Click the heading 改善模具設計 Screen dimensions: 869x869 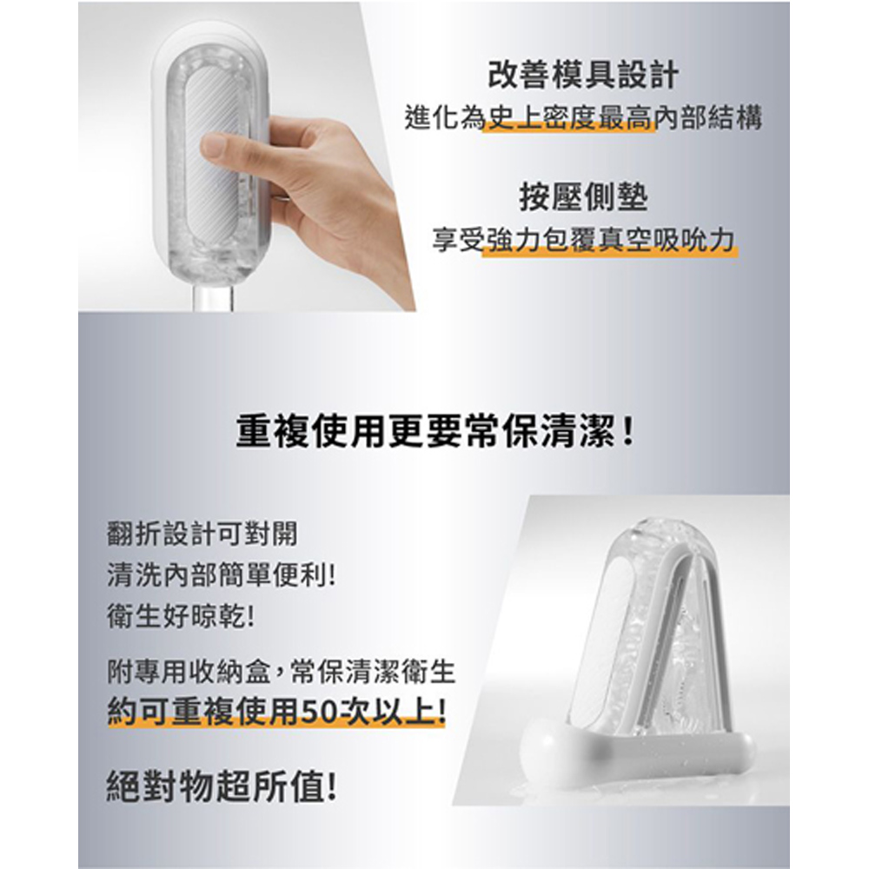click(x=583, y=76)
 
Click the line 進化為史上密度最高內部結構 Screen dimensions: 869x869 click(x=583, y=117)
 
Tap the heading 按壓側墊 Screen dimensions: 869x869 click(x=583, y=198)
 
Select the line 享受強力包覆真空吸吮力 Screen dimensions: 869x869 click(x=583, y=239)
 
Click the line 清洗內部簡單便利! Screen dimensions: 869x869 click(x=221, y=575)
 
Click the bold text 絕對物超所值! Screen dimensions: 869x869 click(x=222, y=787)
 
